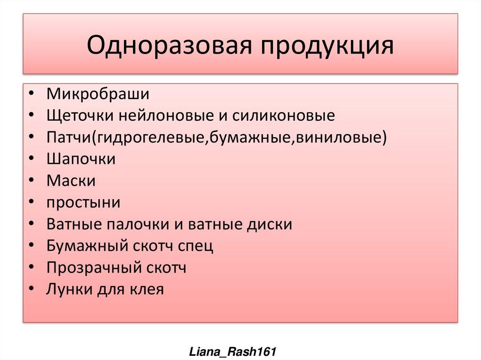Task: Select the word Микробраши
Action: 98,93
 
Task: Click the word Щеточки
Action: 79,115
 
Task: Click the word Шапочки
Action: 81,159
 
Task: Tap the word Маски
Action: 71,181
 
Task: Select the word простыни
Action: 83,203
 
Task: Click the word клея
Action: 147,290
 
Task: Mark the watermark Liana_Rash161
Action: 232,351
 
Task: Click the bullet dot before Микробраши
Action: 31,94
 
